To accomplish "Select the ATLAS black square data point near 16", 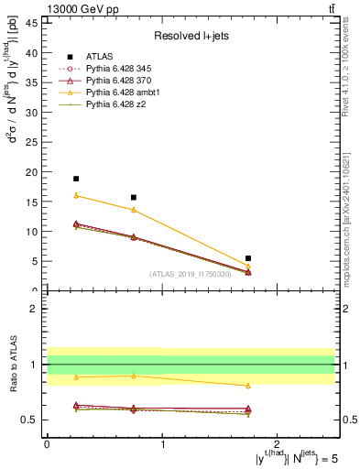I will tap(134, 197).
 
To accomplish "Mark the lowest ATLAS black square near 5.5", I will tap(248, 258).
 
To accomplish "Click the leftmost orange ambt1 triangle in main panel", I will tap(76, 195).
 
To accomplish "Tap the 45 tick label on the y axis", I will tap(34, 22).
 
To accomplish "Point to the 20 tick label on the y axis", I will tap(34, 171).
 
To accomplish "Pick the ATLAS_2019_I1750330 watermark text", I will tap(190, 273).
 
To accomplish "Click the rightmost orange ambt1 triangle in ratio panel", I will tap(248, 386).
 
